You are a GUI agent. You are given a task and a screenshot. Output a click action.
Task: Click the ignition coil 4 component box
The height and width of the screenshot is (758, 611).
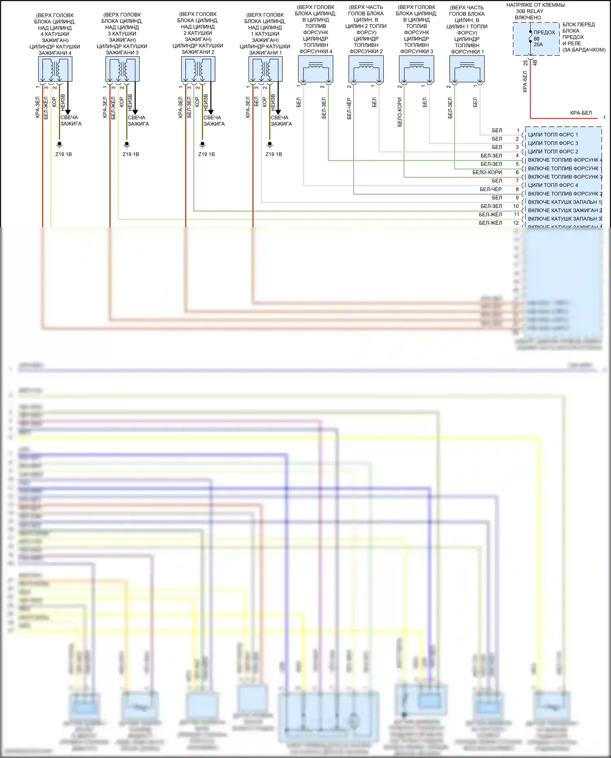55,69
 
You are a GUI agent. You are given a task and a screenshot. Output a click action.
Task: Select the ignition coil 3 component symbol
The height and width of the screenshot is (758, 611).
122,69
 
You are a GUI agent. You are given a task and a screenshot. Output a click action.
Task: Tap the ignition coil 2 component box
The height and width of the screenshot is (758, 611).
198,69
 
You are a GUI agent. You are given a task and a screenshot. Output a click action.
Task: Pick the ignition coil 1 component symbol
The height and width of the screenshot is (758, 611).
265,69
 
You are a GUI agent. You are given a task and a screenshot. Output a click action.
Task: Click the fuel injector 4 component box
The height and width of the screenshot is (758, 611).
316,68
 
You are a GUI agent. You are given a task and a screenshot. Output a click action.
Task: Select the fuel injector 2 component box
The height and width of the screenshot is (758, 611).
366,68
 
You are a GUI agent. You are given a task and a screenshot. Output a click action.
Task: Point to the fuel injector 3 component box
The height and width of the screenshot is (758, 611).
416,68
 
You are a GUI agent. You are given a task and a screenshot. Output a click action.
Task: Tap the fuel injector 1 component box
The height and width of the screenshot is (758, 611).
467,68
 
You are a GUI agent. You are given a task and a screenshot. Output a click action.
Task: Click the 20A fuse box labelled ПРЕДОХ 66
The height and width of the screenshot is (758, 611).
536,39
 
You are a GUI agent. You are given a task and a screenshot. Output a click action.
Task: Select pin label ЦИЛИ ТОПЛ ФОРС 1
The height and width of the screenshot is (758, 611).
553,135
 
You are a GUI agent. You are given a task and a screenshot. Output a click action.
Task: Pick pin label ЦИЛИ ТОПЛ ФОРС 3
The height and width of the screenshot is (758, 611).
553,143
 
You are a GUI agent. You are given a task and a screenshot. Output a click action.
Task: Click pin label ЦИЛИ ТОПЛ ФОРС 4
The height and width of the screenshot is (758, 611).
553,185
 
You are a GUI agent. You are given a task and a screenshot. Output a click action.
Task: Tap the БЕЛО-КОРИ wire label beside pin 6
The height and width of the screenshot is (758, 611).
487,173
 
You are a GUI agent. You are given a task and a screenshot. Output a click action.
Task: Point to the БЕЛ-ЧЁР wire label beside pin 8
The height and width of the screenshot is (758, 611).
490,189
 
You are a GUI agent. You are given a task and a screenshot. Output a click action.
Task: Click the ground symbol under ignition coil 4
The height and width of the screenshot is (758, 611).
59,145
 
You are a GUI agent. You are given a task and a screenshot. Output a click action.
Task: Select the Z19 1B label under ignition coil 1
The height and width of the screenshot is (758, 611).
273,154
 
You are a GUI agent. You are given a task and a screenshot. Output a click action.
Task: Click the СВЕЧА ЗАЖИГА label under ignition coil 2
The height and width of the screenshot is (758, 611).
213,121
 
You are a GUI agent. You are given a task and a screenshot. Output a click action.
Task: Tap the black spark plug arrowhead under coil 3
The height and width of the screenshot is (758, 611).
135,112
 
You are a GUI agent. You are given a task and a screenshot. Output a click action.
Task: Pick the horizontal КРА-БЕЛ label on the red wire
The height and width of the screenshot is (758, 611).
580,113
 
